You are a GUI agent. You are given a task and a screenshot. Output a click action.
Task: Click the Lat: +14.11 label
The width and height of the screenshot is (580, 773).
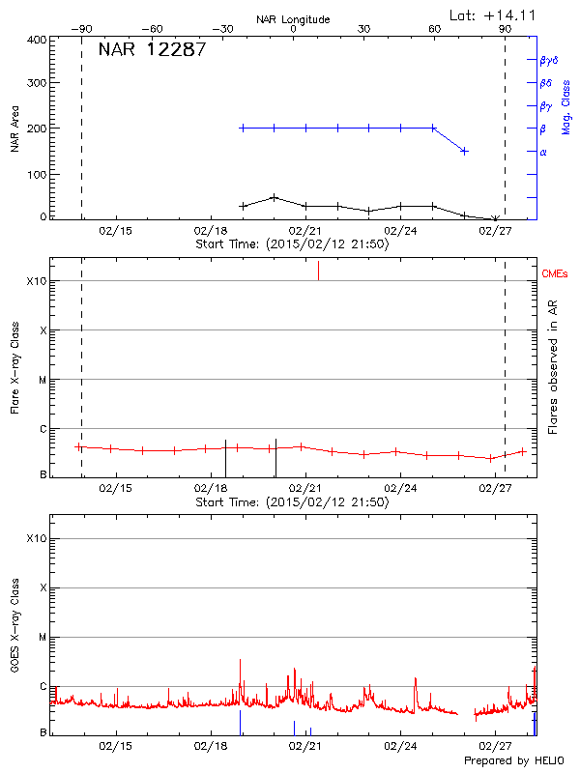[x=494, y=14]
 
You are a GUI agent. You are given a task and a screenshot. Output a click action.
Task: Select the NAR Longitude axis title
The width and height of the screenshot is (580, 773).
[x=293, y=19]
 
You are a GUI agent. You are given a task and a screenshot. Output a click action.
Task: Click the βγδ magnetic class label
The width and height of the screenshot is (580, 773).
[x=549, y=60]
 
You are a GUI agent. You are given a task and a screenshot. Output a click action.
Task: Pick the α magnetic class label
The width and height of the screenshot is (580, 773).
[x=543, y=152]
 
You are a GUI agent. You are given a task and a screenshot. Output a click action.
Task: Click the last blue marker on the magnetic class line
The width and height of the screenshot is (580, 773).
[x=465, y=151]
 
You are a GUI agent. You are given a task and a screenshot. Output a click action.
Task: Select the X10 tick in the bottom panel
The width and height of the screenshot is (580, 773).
[x=37, y=538]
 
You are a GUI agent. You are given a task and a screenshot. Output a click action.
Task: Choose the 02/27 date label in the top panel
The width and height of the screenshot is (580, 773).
[x=495, y=231]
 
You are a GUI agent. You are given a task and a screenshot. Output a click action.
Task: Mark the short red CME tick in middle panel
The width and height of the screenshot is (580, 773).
[x=319, y=271]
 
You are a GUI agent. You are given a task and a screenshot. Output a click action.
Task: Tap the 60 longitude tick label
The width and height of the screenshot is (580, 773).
[x=435, y=29]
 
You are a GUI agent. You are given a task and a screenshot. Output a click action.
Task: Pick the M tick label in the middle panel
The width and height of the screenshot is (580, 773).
[x=43, y=380]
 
